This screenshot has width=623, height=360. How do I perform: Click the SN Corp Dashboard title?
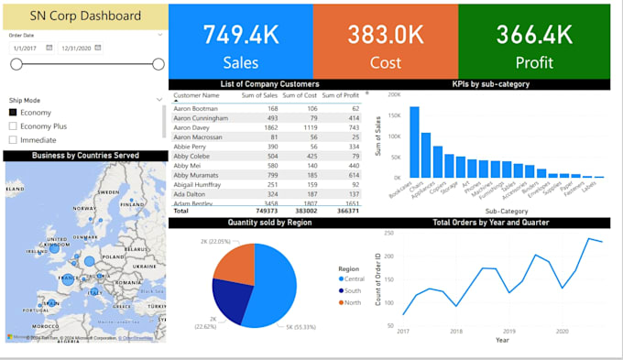85,16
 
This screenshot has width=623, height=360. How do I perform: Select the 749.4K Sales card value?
241,35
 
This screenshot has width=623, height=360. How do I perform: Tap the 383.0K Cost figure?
385,35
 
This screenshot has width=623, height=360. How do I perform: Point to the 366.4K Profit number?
534,35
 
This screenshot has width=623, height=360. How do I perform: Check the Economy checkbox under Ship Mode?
13,112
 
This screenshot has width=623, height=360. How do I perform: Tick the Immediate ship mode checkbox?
13,140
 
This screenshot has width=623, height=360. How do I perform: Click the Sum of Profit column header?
340,95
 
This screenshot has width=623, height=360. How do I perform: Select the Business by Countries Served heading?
85,156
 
